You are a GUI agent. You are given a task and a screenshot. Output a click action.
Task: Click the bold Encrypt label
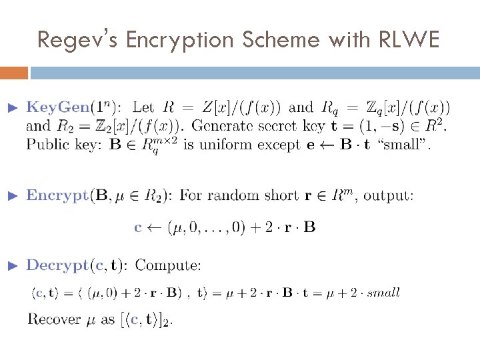(57, 195)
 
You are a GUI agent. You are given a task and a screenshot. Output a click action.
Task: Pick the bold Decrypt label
(56, 265)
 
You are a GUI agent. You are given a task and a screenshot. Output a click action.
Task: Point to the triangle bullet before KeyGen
(11, 107)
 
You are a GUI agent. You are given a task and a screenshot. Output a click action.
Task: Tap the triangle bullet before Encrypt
(11, 195)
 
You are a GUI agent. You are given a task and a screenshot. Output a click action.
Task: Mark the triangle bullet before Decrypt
(11, 265)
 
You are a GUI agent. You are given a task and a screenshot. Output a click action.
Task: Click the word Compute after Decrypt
(168, 265)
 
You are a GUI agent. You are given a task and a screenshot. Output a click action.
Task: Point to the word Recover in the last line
(53, 319)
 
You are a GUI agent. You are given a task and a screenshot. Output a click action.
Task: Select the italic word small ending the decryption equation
(383, 292)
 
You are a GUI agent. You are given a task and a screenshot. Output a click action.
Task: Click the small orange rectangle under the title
(14, 72)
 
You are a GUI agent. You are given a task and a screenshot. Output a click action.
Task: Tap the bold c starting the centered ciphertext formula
(138, 227)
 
